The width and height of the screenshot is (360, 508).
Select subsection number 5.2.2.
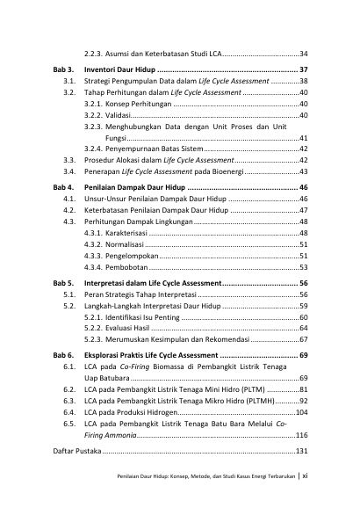click(x=94, y=326)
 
